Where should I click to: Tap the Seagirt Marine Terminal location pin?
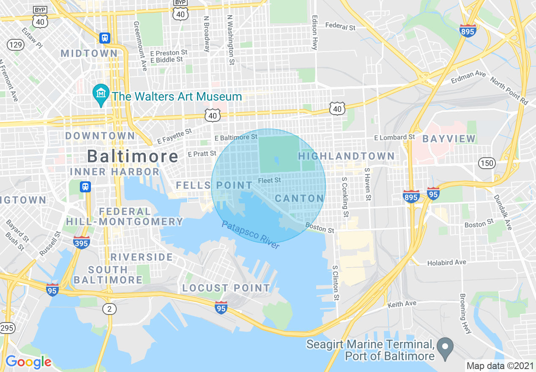pos(445,348)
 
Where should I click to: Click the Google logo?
pos(28,362)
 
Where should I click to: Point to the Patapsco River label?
pos(251,235)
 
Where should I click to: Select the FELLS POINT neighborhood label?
pos(214,185)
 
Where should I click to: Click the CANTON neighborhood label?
pos(299,198)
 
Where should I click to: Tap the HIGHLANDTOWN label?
pos(346,156)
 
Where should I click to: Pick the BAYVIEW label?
pos(449,139)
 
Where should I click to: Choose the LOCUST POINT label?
pos(226,288)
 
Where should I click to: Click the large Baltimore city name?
pos(133,156)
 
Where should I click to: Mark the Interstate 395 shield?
pos(81,242)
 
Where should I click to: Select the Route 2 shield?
pos(109,309)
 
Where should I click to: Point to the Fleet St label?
pos(269,181)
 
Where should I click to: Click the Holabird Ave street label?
pos(446,263)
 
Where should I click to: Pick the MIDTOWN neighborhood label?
pos(89,53)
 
